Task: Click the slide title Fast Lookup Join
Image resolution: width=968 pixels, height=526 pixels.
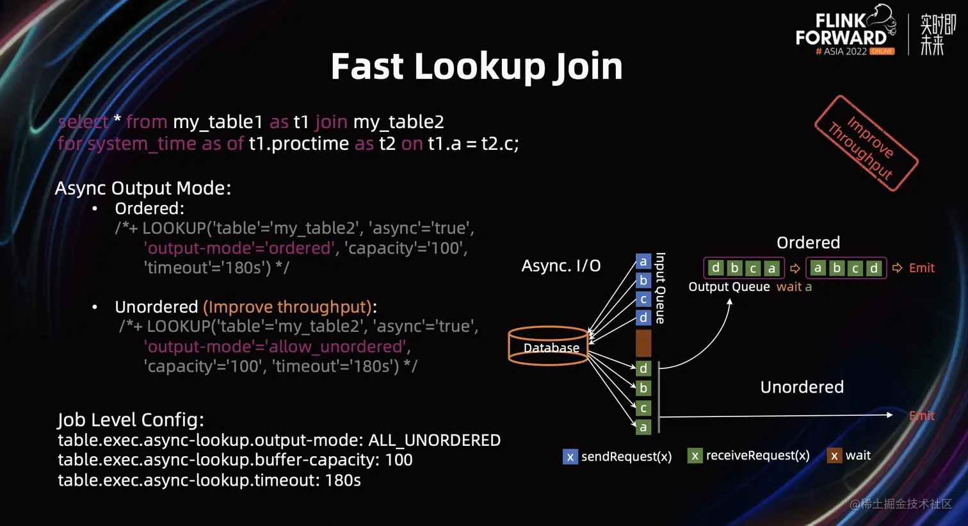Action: [476, 67]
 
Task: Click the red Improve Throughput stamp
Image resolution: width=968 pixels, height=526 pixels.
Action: [866, 144]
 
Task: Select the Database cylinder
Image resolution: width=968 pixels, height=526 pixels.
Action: [549, 346]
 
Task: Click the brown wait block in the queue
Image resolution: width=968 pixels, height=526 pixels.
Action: [643, 343]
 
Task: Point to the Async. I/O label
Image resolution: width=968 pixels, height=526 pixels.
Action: [561, 266]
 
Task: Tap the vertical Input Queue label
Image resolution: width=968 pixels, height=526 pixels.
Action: [661, 288]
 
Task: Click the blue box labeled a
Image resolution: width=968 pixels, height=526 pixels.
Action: [643, 261]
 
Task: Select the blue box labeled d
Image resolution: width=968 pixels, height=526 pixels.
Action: [643, 318]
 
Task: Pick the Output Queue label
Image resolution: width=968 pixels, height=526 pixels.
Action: [729, 287]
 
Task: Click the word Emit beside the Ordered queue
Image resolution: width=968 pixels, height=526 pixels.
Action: [921, 268]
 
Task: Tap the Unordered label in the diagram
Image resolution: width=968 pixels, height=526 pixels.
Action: [802, 387]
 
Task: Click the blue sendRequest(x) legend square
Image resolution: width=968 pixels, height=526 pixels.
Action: [570, 457]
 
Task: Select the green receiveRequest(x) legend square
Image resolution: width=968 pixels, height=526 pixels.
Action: [695, 456]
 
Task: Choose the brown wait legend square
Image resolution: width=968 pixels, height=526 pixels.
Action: [834, 456]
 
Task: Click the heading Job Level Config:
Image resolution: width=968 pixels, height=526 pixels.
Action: [131, 420]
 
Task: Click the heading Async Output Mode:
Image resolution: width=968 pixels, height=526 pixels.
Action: [143, 188]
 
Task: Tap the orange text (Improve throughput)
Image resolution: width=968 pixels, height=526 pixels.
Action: [287, 307]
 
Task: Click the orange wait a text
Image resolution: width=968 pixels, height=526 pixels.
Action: [794, 287]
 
